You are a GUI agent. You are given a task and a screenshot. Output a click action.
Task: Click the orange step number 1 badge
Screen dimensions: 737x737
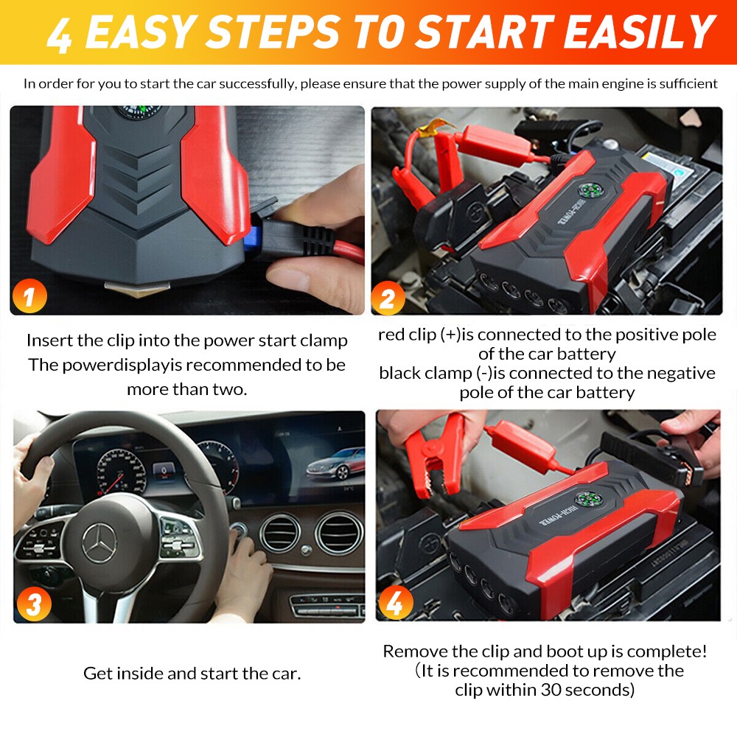pos(29,296)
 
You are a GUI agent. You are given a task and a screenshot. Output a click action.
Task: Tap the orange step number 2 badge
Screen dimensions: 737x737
pos(388,298)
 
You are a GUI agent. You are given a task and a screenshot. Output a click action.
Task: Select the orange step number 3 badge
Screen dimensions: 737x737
pos(34,604)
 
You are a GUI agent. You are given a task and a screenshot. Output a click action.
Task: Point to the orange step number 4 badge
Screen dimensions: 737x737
pos(396,602)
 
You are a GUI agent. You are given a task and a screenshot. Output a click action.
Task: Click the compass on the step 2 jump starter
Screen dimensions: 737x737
pos(590,189)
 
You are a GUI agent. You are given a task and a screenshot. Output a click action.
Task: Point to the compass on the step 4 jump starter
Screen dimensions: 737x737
pos(588,499)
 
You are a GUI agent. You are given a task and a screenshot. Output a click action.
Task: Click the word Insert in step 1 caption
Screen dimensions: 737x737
pos(49,340)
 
